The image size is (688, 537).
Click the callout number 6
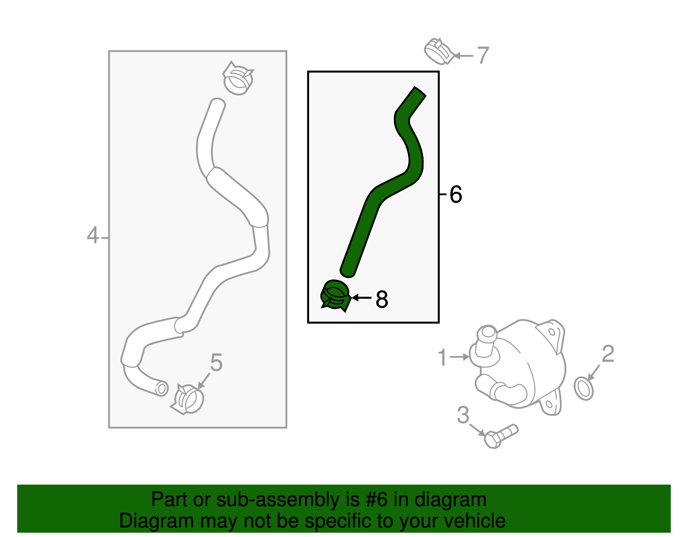(x=455, y=194)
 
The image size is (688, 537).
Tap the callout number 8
(x=381, y=299)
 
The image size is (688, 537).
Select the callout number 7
(x=483, y=55)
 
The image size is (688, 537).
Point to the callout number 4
(x=92, y=236)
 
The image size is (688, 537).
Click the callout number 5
(x=216, y=362)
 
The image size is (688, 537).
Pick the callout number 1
(x=442, y=358)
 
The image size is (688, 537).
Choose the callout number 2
(x=608, y=354)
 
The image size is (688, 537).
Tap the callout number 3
(x=463, y=415)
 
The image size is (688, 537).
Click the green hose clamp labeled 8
(x=335, y=296)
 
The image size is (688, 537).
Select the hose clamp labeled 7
(x=438, y=52)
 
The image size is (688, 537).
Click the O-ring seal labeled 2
(x=584, y=389)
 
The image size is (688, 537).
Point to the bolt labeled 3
(x=501, y=436)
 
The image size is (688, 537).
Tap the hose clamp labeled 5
(x=188, y=399)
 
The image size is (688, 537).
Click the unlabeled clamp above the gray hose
(x=238, y=78)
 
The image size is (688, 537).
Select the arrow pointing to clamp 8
(x=362, y=298)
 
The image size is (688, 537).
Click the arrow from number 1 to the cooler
(x=460, y=357)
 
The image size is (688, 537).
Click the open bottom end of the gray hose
(x=161, y=388)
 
